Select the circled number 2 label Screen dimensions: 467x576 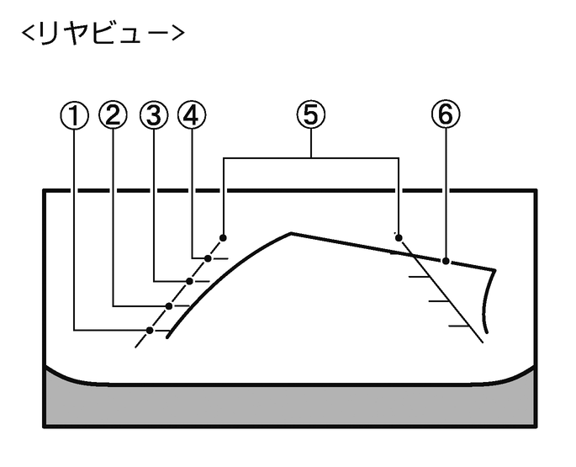[x=114, y=116]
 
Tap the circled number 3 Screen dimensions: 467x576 [x=153, y=116]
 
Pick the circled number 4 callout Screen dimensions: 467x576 [x=192, y=116]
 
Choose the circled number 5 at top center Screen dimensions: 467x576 [x=311, y=116]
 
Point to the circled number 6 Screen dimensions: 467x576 [x=446, y=116]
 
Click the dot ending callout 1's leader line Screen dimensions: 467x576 [x=150, y=329]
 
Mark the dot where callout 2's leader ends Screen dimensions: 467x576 [x=169, y=305]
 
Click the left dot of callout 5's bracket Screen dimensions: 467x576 [x=224, y=237]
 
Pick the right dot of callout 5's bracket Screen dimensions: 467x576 [x=399, y=237]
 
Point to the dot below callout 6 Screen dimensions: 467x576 [x=446, y=260]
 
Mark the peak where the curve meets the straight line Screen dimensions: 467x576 [x=290, y=231]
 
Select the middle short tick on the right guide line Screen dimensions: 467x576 [x=439, y=300]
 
